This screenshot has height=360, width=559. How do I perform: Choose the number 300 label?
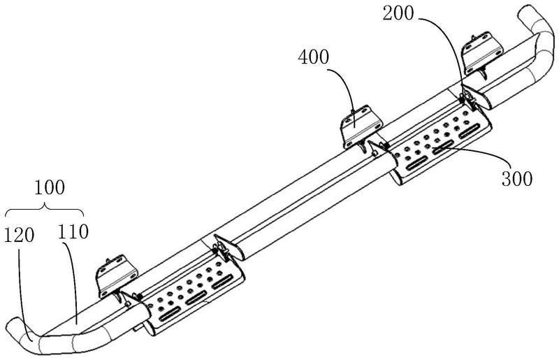pos(515,177)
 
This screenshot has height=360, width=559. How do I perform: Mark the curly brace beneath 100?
pos(44,209)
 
